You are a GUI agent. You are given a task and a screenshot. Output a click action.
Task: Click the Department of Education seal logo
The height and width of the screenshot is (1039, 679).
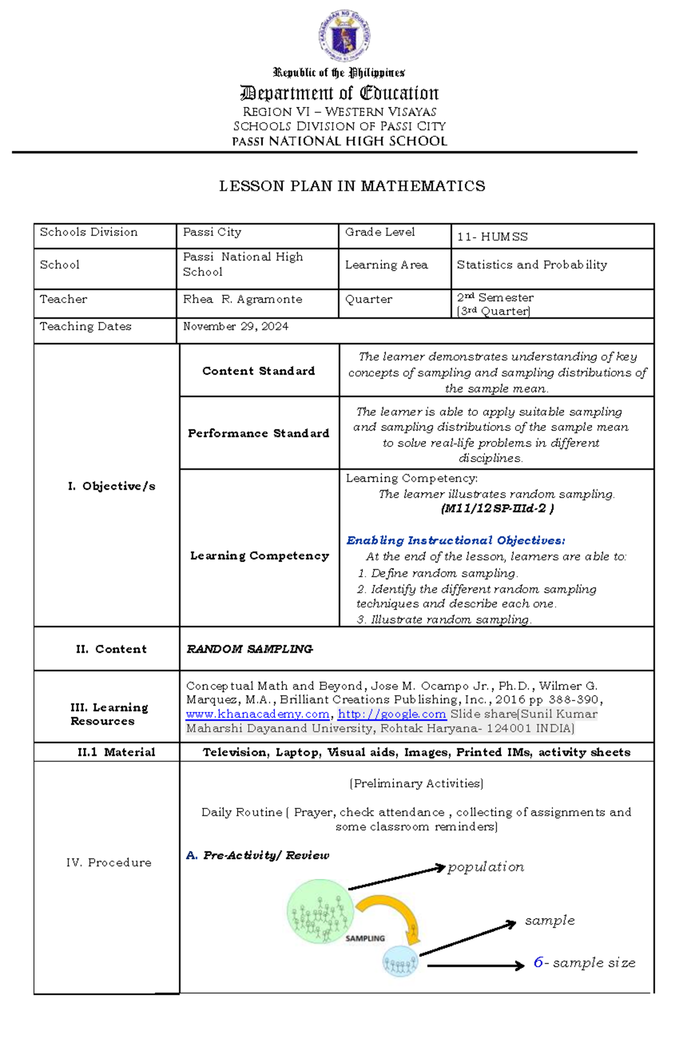(344, 36)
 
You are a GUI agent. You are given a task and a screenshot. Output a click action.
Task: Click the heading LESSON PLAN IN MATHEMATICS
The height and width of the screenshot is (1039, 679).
(352, 186)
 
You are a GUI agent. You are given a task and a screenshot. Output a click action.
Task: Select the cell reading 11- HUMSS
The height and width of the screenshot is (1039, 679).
(492, 237)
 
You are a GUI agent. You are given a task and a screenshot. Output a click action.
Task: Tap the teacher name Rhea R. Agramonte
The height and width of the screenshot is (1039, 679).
(242, 300)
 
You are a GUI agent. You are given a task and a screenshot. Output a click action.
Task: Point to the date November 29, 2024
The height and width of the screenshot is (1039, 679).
(235, 327)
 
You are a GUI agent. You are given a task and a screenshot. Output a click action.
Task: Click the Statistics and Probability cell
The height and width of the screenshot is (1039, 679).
(531, 265)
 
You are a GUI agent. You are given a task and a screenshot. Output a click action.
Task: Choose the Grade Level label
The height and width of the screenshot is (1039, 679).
(380, 232)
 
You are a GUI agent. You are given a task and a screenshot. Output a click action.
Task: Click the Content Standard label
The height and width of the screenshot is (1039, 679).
(258, 371)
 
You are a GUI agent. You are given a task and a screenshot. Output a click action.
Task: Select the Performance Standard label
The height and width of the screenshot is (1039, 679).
(258, 434)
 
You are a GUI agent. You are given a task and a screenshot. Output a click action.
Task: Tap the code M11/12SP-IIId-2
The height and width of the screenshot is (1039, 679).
(496, 508)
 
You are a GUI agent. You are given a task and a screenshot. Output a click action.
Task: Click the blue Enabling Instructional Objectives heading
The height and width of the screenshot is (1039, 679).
(455, 541)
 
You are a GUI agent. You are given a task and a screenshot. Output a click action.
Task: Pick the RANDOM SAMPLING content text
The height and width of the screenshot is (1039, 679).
(250, 649)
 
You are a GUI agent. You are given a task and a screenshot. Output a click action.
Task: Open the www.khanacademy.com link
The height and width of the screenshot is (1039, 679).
(257, 715)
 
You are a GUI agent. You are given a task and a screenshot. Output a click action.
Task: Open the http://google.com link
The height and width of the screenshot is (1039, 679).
(392, 715)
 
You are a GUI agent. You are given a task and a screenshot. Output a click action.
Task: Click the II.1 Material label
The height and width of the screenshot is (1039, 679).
(116, 752)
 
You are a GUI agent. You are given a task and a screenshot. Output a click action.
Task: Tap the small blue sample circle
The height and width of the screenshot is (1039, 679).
(400, 961)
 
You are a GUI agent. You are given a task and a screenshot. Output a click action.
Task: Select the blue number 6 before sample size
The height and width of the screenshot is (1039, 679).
(538, 963)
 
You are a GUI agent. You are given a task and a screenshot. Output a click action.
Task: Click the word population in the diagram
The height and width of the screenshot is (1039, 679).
(485, 867)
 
